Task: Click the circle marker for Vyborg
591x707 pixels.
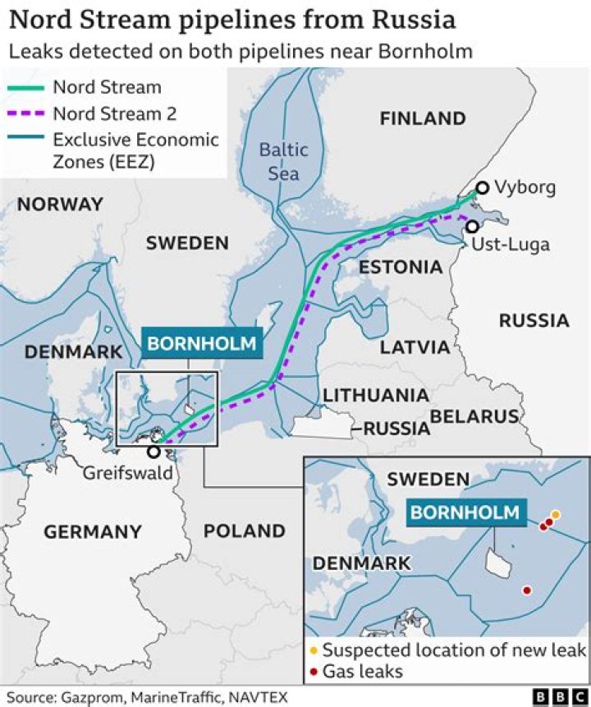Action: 483,188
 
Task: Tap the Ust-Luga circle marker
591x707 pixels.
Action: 472,226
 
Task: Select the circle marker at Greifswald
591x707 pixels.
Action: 153,452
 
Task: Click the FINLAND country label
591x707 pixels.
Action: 423,118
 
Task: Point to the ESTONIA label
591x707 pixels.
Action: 401,267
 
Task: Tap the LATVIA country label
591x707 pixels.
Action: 415,347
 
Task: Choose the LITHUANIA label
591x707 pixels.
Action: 375,395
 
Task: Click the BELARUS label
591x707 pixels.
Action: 475,416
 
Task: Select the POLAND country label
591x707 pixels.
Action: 244,530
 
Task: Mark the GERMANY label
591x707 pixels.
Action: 93,532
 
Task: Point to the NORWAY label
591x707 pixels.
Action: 61,204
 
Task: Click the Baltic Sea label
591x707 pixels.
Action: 283,161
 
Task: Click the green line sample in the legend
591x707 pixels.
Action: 25,87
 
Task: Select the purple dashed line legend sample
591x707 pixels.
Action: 25,113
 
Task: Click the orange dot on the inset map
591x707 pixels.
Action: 556,515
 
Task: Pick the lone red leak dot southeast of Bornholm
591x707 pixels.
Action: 526,590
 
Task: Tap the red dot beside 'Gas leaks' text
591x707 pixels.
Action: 313,672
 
